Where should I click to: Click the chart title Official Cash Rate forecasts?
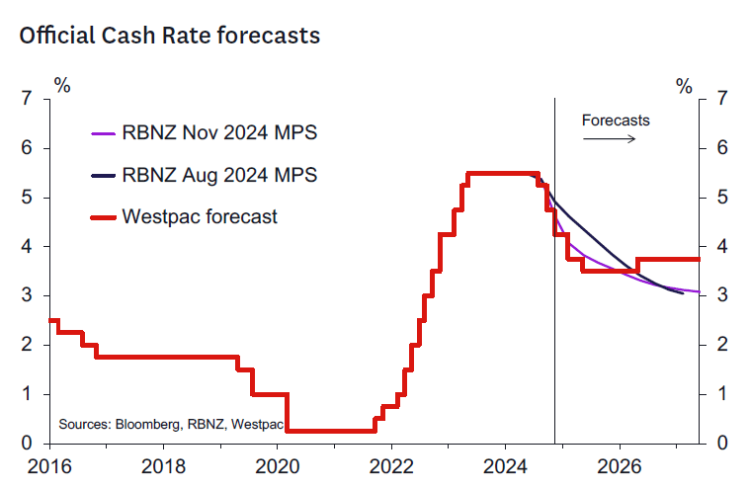coord(169,36)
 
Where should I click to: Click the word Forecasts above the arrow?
coord(616,121)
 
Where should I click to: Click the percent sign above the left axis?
coord(62,85)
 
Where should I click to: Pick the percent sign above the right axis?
coord(684,85)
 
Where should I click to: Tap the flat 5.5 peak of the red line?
coord(502,173)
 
